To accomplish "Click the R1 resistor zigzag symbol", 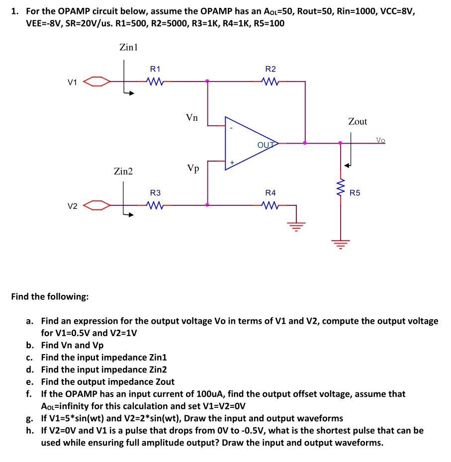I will (x=155, y=81).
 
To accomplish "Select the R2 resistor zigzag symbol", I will (x=271, y=81).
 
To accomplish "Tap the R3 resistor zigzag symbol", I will (x=155, y=204).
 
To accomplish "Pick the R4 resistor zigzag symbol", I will (x=271, y=204).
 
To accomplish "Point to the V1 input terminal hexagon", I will (x=96, y=81).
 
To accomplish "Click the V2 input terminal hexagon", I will (x=96, y=205).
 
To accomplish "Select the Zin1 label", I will (x=128, y=48).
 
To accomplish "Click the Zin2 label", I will (x=123, y=172).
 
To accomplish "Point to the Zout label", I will (x=358, y=121).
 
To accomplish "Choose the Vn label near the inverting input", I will (x=192, y=118).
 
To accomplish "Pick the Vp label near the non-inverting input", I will (x=193, y=168).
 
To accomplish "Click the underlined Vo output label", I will (x=380, y=140).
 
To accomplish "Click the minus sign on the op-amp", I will (x=231, y=128).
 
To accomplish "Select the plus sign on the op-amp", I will (x=231, y=162).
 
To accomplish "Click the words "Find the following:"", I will (x=50, y=297).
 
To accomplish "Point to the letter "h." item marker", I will (x=30, y=430).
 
